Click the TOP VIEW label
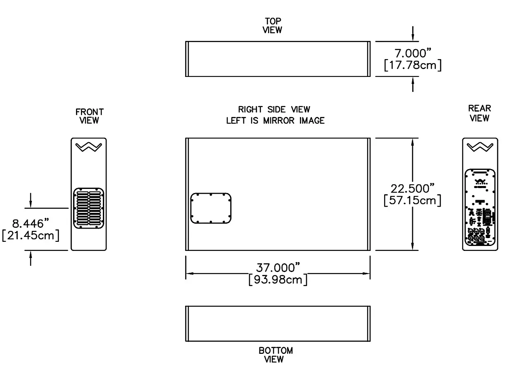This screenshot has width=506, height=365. click(x=273, y=25)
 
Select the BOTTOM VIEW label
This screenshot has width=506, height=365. click(x=276, y=355)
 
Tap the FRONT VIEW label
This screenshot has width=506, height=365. click(x=89, y=116)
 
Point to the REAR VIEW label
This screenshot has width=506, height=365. click(x=480, y=113)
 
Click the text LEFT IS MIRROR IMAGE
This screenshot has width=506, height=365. click(x=275, y=121)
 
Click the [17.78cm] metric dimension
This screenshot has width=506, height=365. click(x=412, y=65)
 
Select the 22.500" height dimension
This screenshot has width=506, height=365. click(x=413, y=188)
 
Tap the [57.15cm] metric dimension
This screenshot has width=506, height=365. click(x=412, y=200)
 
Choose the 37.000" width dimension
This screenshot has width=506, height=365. click(x=278, y=268)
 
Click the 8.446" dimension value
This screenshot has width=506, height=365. click(x=31, y=224)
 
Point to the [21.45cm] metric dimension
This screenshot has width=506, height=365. click(x=31, y=236)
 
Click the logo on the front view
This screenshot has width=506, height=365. click(x=89, y=147)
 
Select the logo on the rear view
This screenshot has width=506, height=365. click(x=479, y=147)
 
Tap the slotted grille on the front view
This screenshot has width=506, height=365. click(x=89, y=208)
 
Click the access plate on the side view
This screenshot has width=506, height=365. click(x=211, y=208)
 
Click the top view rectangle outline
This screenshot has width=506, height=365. click(x=278, y=59)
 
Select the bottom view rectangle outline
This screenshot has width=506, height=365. click(x=278, y=324)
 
